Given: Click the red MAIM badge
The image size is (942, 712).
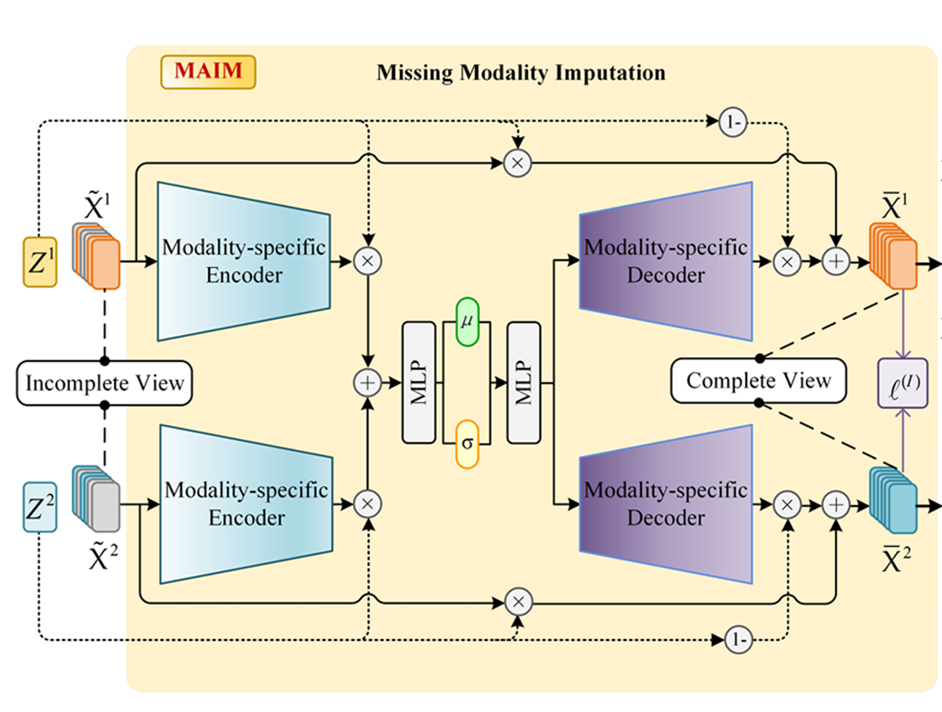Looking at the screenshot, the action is pyautogui.click(x=208, y=72).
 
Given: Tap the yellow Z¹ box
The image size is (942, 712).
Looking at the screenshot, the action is pyautogui.click(x=40, y=262).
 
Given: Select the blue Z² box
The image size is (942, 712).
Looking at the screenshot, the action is pyautogui.click(x=40, y=507).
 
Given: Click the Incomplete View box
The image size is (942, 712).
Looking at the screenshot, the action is pyautogui.click(x=104, y=383).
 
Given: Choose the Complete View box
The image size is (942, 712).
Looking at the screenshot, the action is pyautogui.click(x=759, y=381).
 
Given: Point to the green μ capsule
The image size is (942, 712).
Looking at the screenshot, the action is pyautogui.click(x=467, y=322).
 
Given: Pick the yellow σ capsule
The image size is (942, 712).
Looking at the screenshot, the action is pyautogui.click(x=467, y=444).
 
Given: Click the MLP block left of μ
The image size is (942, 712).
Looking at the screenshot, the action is pyautogui.click(x=419, y=382).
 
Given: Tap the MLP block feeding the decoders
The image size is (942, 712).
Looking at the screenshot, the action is pyautogui.click(x=524, y=382).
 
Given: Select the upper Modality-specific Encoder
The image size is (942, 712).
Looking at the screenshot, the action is pyautogui.click(x=244, y=261).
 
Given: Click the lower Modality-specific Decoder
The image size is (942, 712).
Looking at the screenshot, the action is pyautogui.click(x=666, y=504).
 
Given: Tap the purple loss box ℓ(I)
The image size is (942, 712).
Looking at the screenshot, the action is pyautogui.click(x=903, y=383).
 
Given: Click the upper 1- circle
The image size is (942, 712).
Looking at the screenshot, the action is pyautogui.click(x=733, y=122).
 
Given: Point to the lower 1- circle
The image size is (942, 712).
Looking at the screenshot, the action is pyautogui.click(x=738, y=639).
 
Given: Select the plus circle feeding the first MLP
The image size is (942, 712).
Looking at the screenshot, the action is pyautogui.click(x=367, y=383).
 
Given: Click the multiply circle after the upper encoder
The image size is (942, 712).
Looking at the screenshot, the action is pyautogui.click(x=367, y=261).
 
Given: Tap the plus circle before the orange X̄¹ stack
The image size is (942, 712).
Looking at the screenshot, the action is pyautogui.click(x=836, y=261).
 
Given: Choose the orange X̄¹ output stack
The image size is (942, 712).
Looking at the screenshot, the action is pyautogui.click(x=893, y=257).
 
